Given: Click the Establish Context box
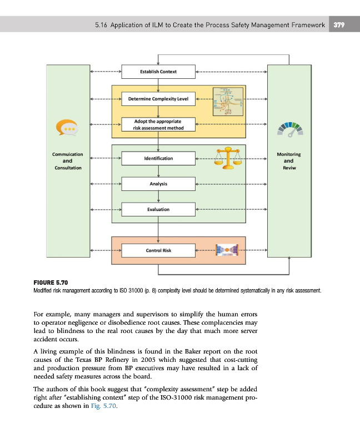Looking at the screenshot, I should coord(158,72).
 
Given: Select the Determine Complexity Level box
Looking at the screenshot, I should coord(158,100).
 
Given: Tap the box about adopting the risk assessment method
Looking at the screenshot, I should coord(158,124).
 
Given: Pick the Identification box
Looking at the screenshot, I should coord(158,159).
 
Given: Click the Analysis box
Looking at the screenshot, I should coord(158,184).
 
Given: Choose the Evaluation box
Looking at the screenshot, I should coord(158,209).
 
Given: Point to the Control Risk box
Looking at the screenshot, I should coord(158,250).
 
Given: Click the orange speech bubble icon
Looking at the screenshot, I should coord(67,129).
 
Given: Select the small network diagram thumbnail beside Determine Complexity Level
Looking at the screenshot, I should coord(228,100).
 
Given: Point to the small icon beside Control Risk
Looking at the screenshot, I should coord(227,251).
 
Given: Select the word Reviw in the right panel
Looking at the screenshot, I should coord(289,167).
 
